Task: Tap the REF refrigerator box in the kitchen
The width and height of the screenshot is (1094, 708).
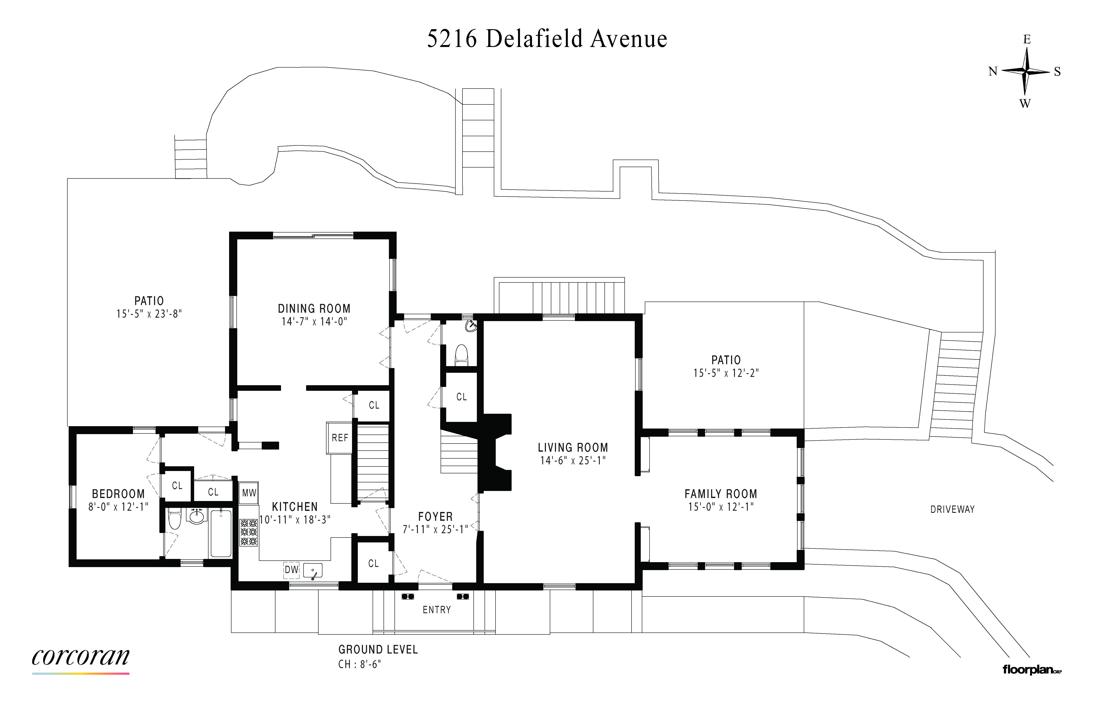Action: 340,438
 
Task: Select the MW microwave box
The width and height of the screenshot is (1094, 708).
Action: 249,493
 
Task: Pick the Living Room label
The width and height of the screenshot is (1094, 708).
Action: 573,447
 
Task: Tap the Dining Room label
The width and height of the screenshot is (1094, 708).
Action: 314,308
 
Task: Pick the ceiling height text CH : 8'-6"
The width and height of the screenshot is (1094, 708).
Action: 360,664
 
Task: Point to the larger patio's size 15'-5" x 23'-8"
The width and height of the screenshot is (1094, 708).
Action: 149,314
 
